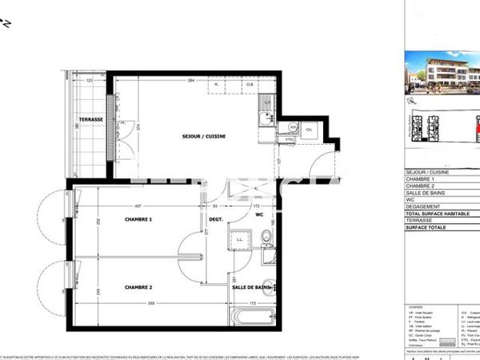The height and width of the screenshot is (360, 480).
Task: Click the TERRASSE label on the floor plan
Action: click(x=92, y=119)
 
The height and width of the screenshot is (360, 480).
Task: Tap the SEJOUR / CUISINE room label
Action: click(x=204, y=137)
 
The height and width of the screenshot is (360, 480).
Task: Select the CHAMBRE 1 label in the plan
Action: click(x=138, y=218)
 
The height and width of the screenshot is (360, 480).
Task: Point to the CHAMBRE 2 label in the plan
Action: click(x=138, y=286)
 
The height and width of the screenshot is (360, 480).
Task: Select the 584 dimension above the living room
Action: click(x=190, y=81)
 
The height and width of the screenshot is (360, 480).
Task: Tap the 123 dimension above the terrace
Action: click(x=90, y=81)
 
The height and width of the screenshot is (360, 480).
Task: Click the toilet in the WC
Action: click(x=265, y=237)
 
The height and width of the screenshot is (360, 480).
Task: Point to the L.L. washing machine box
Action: click(x=240, y=238)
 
